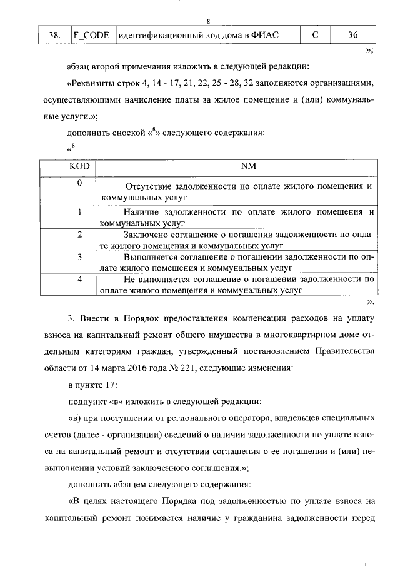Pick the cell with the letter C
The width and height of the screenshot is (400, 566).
point(315,36)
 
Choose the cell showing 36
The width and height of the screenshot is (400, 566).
point(353,36)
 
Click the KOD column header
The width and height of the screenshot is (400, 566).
point(79,166)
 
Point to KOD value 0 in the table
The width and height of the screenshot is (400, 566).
point(79,184)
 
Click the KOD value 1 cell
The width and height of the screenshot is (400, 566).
point(79,212)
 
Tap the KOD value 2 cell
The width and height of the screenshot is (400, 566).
point(79,235)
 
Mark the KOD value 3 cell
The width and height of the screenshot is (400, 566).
point(79,257)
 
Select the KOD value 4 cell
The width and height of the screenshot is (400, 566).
point(79,280)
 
